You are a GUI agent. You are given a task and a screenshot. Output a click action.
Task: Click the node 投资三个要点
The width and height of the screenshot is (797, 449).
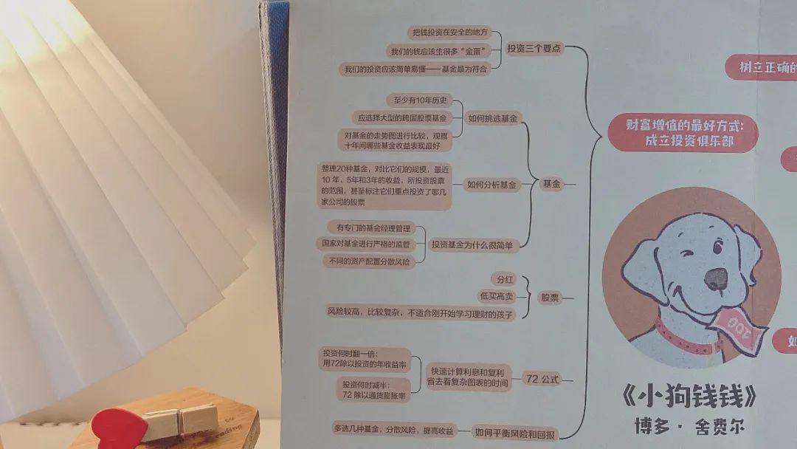(534, 49)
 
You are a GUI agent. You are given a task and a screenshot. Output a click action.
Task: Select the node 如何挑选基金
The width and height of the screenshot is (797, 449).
(493, 117)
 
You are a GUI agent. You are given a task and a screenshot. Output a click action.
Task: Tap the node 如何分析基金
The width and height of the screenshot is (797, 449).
(492, 185)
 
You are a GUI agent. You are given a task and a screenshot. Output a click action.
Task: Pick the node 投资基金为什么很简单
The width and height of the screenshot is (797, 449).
(473, 244)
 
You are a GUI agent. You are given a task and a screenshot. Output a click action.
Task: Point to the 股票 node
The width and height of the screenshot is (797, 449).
(550, 298)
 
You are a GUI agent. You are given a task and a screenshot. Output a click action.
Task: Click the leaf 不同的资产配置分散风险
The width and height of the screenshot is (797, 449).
(365, 261)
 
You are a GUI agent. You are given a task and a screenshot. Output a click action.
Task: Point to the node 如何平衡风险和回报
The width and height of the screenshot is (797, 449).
(514, 433)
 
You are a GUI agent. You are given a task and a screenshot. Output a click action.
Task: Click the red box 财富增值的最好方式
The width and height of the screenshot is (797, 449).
(683, 134)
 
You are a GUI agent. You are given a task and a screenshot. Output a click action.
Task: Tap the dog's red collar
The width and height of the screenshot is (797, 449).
(683, 340)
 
